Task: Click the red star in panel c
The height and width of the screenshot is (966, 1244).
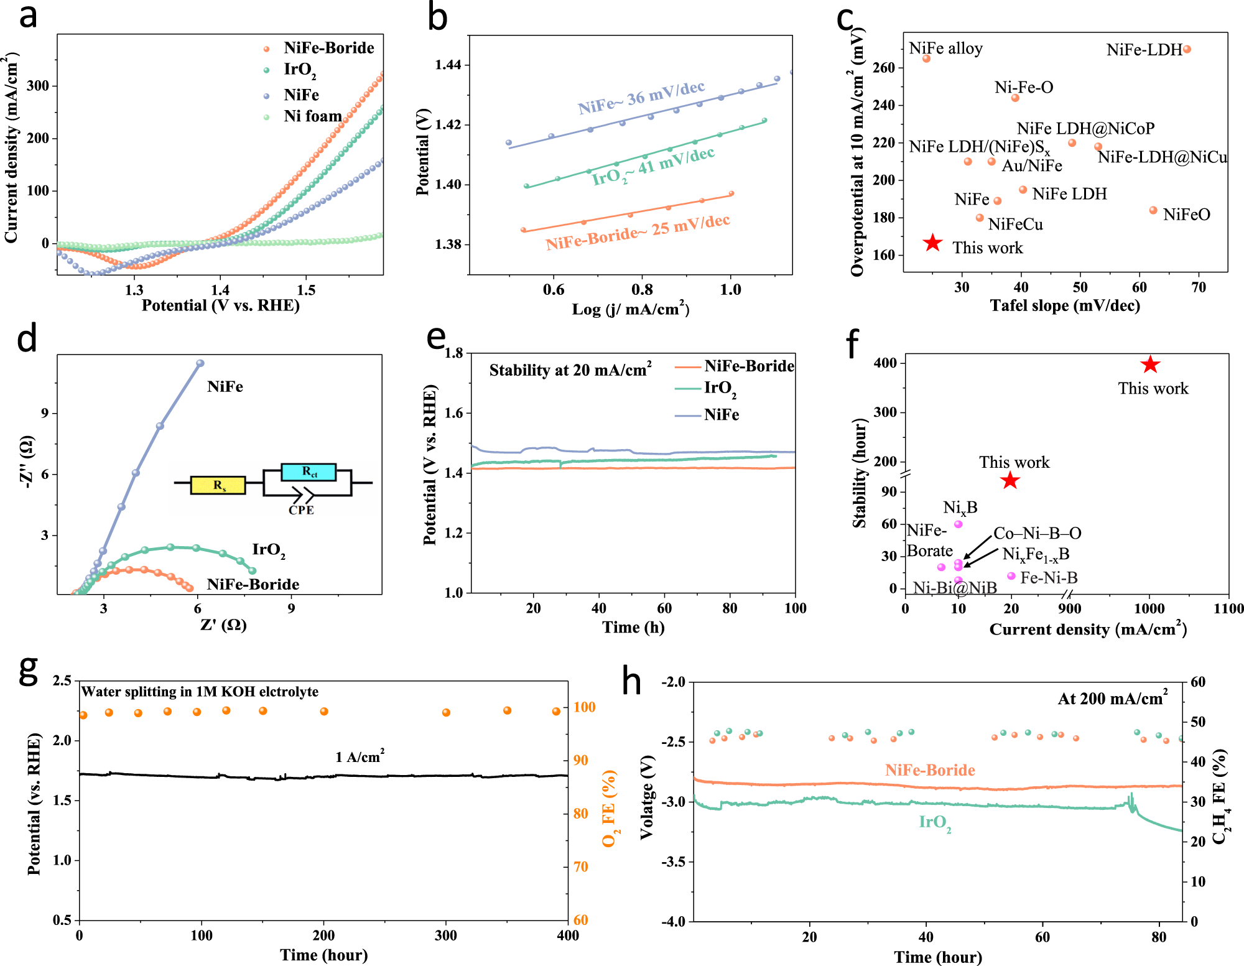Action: [x=932, y=243]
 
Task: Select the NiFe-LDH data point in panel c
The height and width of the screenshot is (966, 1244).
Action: [x=1186, y=49]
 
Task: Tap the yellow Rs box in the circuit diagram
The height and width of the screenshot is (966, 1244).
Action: [x=218, y=485]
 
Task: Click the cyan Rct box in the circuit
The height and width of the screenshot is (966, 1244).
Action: [x=309, y=472]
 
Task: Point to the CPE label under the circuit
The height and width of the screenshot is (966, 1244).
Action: [x=301, y=510]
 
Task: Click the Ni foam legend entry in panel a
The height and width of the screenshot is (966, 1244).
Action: [x=312, y=116]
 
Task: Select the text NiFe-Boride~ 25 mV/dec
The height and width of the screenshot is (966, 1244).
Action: [x=638, y=232]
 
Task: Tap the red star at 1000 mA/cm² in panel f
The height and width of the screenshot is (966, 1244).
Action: [x=1150, y=365]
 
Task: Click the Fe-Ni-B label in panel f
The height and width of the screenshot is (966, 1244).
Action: [x=1049, y=578]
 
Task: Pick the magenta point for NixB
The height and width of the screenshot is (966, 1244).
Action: [x=959, y=524]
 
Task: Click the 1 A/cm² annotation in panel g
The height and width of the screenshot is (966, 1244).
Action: [x=360, y=756]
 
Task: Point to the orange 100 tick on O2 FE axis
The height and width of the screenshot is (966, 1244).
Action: [x=584, y=707]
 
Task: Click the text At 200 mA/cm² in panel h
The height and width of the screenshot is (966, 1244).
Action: [x=1112, y=699]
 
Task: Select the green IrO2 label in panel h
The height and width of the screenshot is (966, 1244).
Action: [x=934, y=823]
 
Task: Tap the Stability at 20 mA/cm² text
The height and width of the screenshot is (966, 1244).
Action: [x=570, y=370]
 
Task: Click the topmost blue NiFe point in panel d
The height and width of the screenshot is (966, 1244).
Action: [x=200, y=363]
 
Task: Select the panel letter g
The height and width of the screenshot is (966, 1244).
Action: [x=29, y=671]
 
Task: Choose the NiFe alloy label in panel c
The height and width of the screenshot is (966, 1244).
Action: [x=945, y=49]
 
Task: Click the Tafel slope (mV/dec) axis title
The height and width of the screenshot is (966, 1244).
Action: [x=1065, y=305]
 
